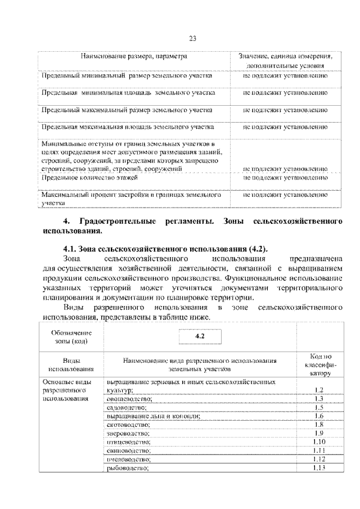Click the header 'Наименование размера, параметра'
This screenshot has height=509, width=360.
133,57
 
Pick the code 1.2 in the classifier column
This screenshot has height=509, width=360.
318,390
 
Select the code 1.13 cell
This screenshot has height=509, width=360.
318,468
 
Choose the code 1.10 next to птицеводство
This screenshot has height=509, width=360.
318,442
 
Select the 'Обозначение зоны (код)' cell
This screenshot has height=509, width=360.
67,336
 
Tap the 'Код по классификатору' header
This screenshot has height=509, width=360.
318,364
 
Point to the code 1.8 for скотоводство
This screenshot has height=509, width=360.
318,425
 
